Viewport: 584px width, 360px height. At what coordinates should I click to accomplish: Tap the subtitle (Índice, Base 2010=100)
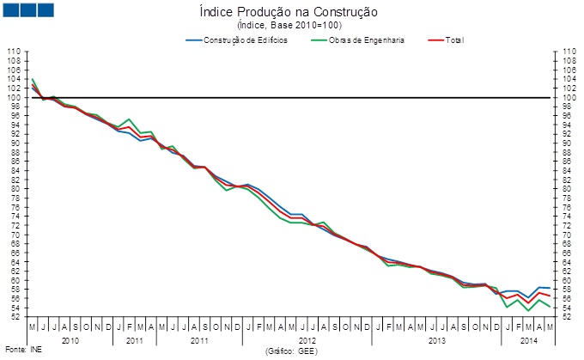pos(293,27)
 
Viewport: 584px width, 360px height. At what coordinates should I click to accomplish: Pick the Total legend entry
pos(454,40)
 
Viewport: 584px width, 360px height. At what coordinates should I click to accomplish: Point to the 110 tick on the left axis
pos(15,52)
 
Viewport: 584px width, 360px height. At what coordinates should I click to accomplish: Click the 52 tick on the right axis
pos(567,316)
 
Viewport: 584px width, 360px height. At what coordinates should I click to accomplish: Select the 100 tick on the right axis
pos(569,97)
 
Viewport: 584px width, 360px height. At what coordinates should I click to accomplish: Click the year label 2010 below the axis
pos(70,340)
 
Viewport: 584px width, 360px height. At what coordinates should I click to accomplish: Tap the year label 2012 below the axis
pos(307,340)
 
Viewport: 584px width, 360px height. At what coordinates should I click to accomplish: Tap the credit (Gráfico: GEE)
pos(293,351)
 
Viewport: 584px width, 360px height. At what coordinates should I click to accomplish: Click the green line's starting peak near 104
pos(33,79)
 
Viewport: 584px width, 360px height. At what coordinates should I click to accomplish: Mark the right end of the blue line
pos(550,288)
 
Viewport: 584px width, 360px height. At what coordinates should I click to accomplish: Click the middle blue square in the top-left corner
pos(27,9)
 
